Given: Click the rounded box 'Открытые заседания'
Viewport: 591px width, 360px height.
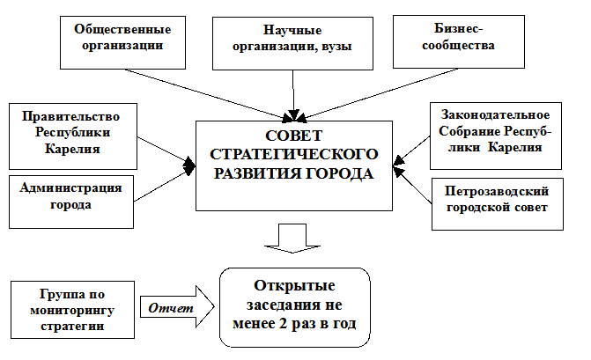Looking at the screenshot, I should [x=295, y=309].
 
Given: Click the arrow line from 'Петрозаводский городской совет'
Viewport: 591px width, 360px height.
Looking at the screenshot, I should [x=414, y=187].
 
